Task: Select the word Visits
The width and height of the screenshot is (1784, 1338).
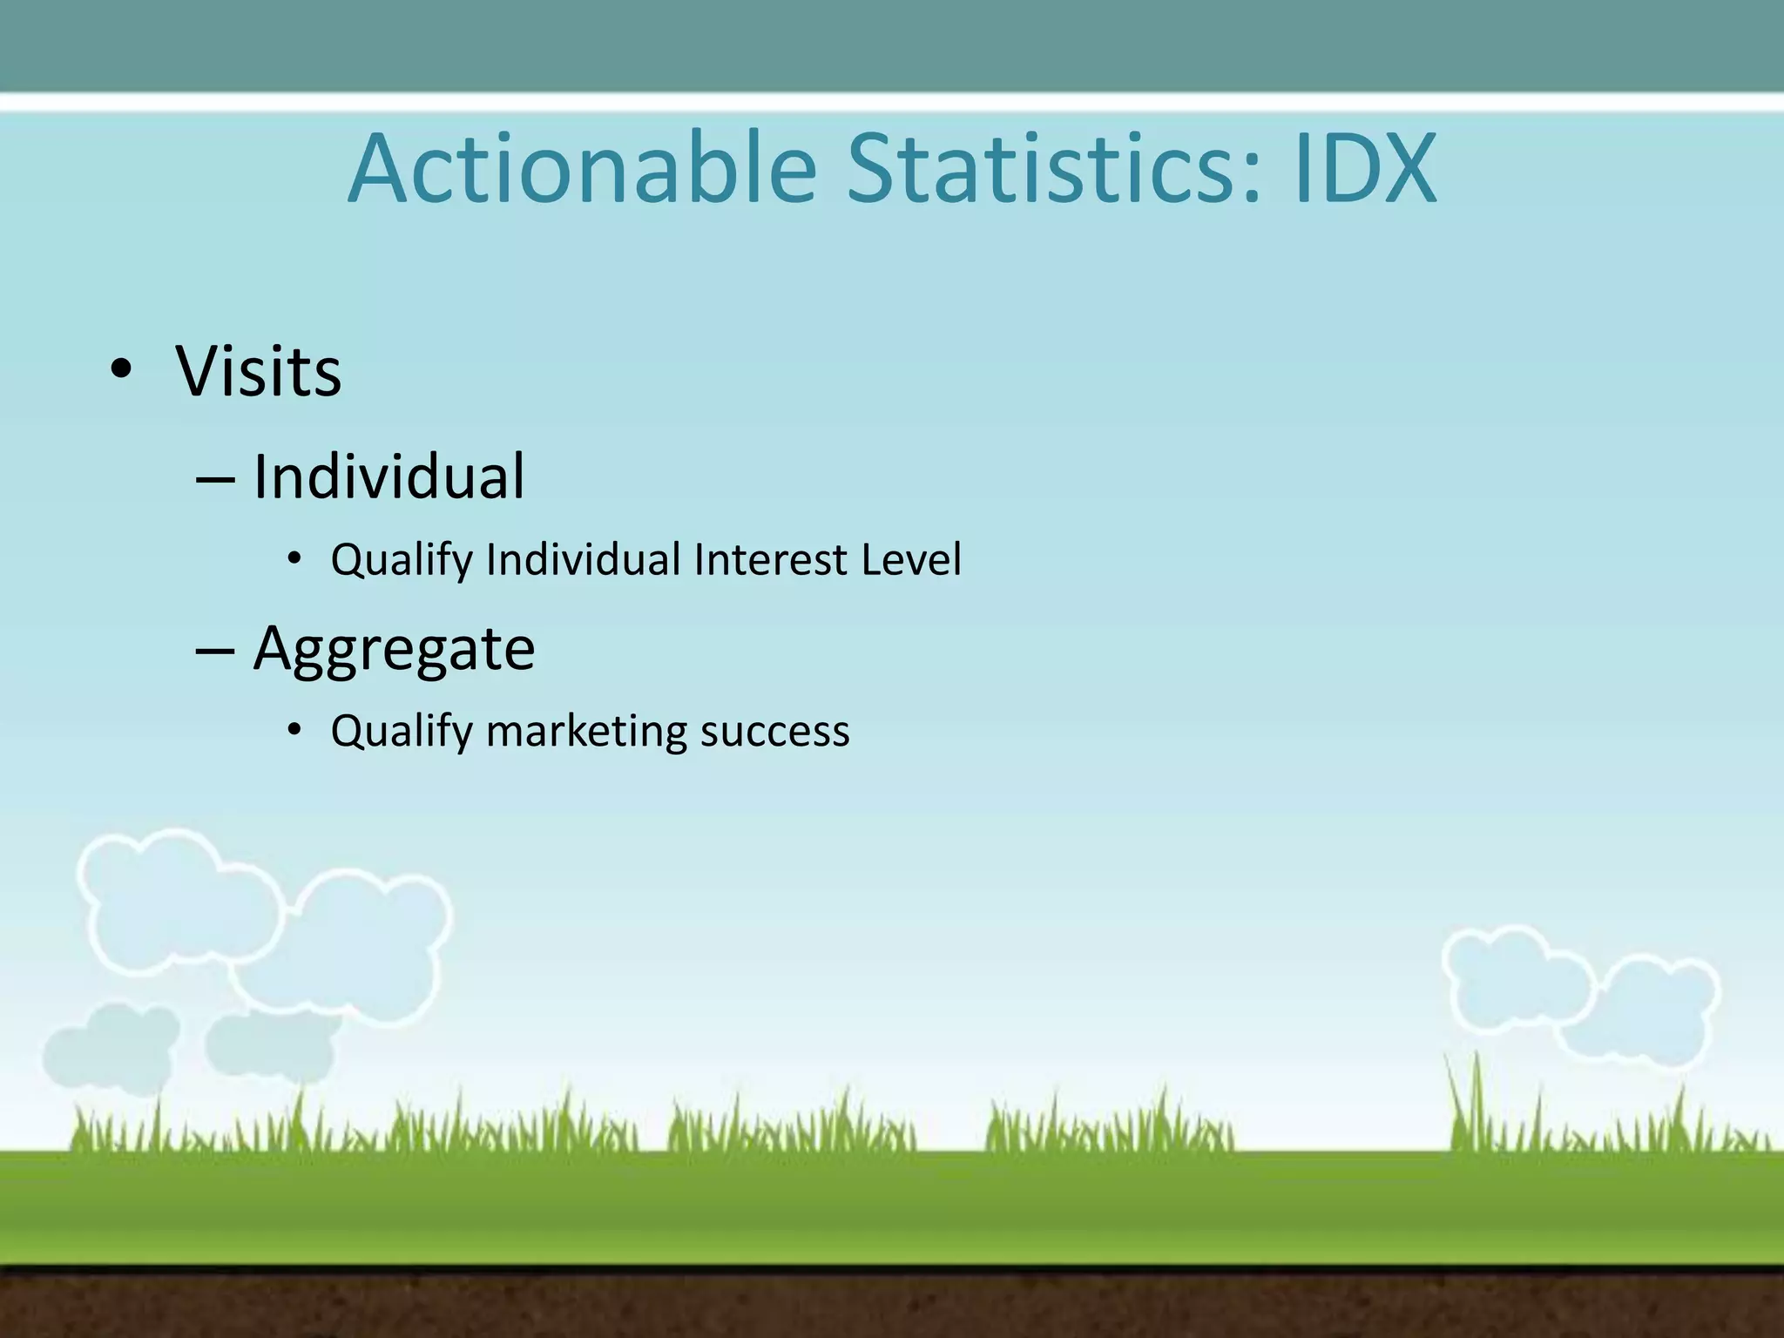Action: click(259, 372)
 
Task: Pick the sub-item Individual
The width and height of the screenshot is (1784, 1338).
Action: click(389, 477)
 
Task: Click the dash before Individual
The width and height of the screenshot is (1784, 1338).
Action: click(215, 480)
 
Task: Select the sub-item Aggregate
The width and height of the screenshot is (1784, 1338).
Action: click(394, 649)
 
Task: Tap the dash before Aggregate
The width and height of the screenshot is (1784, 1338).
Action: click(215, 652)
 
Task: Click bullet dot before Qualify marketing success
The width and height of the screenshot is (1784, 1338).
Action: click(294, 729)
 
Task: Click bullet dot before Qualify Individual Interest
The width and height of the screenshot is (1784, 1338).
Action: click(294, 557)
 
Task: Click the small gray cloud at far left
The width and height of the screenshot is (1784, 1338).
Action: click(109, 1048)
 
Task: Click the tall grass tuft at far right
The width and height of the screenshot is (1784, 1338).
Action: click(1472, 1102)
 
